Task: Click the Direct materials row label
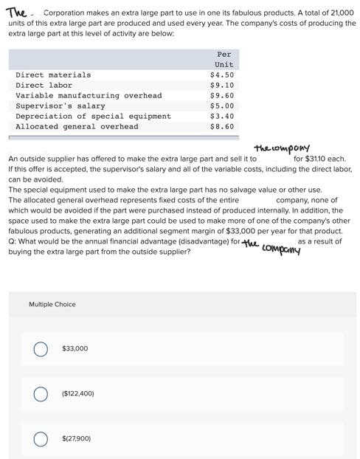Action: tap(53, 75)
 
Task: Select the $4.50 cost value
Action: tap(222, 75)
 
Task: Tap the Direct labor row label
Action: tap(44, 85)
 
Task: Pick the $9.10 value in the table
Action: tap(222, 85)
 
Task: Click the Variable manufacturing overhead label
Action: tap(89, 95)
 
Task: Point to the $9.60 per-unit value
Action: tap(222, 95)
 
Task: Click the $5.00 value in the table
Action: tap(222, 106)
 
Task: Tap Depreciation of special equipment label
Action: tap(93, 116)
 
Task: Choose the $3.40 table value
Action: tap(222, 116)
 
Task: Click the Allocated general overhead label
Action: tap(77, 126)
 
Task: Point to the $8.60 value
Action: tap(222, 126)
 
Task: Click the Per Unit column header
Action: tap(224, 59)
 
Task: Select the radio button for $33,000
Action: tap(41, 348)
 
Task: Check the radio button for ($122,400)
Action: tap(41, 393)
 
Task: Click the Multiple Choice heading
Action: tap(52, 304)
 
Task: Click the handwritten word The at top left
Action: tap(16, 12)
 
